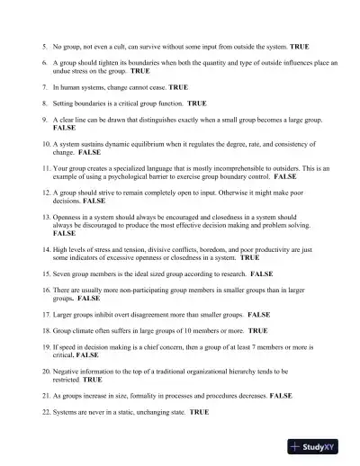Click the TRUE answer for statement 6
pyautogui.click(x=140, y=70)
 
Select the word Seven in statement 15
pyautogui.click(x=64, y=273)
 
